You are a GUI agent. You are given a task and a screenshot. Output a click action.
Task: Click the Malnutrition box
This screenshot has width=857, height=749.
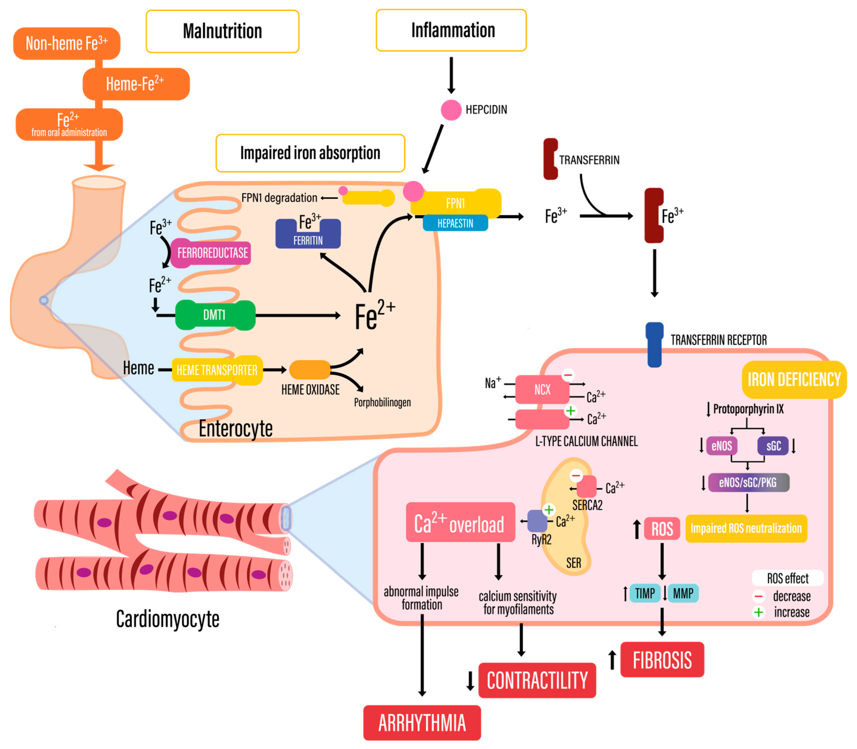222,31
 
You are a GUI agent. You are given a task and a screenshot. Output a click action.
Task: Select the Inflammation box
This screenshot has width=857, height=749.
451,30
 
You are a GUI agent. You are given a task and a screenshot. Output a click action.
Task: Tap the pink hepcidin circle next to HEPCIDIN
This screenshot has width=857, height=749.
451,110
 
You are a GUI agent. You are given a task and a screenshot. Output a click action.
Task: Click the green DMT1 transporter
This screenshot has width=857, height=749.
215,315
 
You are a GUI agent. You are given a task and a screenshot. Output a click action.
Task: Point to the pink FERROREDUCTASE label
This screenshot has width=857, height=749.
212,253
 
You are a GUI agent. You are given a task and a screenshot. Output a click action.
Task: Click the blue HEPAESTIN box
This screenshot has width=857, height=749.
455,223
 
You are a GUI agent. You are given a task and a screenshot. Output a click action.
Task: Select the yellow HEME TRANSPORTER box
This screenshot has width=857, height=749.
217,370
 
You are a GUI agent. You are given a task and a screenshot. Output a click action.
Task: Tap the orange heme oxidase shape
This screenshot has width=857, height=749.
309,370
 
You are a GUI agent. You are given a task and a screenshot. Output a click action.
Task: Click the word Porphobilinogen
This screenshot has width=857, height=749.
382,402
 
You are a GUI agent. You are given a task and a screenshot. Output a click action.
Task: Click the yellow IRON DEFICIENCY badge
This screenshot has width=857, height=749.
793,379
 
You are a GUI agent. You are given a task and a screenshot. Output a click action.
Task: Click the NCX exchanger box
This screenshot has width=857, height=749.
542,390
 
